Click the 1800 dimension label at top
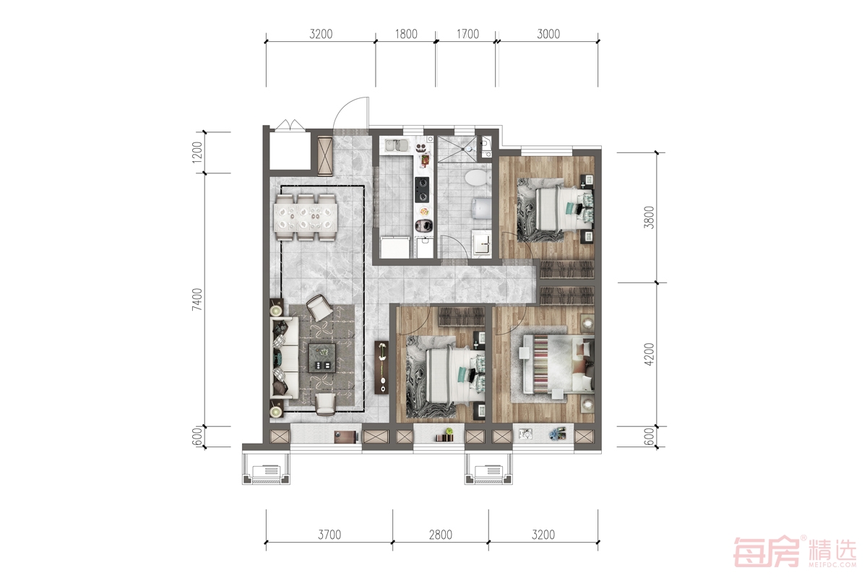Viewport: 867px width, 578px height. point(406,34)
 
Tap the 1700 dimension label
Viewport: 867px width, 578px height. point(467,34)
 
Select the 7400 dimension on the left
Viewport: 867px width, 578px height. point(197,299)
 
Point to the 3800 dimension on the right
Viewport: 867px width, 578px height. point(649,217)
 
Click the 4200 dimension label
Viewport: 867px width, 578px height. point(649,354)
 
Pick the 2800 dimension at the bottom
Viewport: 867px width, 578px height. point(441,535)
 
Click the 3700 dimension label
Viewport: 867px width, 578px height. point(329,535)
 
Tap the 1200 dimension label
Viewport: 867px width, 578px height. point(197,152)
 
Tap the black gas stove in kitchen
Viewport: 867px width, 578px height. point(422,190)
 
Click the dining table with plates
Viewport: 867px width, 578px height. point(306,217)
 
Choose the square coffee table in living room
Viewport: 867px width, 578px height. point(322,358)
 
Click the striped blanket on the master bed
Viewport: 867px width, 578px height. point(540,364)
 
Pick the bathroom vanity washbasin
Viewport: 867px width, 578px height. point(481,243)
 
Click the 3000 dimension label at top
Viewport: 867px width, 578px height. point(548,34)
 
